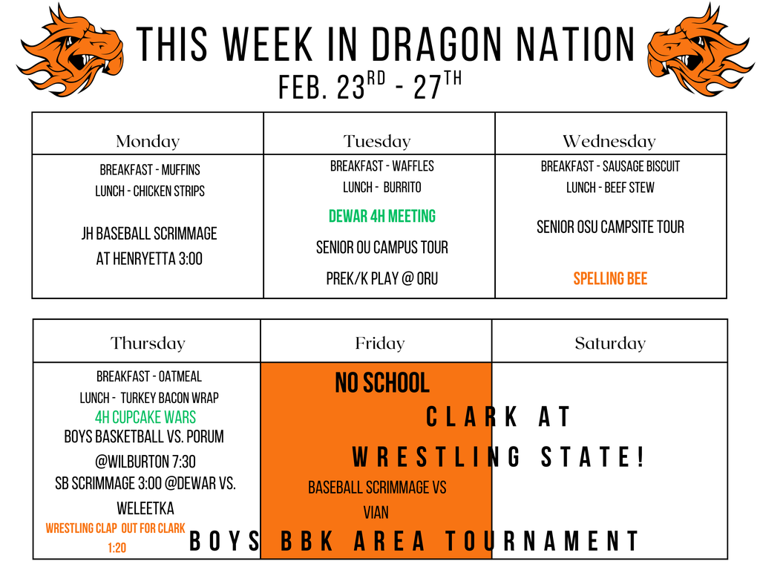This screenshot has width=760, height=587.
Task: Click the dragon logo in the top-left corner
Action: coord(70,49)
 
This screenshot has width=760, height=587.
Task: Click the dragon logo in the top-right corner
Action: coord(701,49)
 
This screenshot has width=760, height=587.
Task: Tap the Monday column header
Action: coord(148,141)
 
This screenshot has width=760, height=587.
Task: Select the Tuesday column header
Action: coord(377,141)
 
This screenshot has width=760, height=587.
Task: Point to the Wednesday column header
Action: coord(609,141)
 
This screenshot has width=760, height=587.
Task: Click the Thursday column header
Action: coord(148,343)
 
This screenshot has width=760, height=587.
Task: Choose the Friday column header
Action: coord(379,343)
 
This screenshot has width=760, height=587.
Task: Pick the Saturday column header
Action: coord(610,343)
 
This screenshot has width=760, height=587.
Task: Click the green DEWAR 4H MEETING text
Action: coord(381,216)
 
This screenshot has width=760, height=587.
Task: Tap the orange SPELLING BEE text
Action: coord(610,279)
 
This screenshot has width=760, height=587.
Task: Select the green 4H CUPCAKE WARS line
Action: coord(145,417)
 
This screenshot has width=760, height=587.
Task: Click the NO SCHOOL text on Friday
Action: coord(381,383)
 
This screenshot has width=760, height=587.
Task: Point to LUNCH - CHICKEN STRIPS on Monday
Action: coord(149,191)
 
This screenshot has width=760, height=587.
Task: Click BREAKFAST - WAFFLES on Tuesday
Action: coord(381,166)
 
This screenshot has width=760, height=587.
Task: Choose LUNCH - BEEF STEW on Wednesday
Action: coord(610,188)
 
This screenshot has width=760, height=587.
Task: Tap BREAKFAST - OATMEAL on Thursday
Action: coord(148,377)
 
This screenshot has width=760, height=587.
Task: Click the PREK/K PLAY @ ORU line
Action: coord(381,279)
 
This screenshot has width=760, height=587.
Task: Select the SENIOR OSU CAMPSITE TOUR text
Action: coord(610,227)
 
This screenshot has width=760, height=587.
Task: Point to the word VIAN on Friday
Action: coord(376,512)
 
